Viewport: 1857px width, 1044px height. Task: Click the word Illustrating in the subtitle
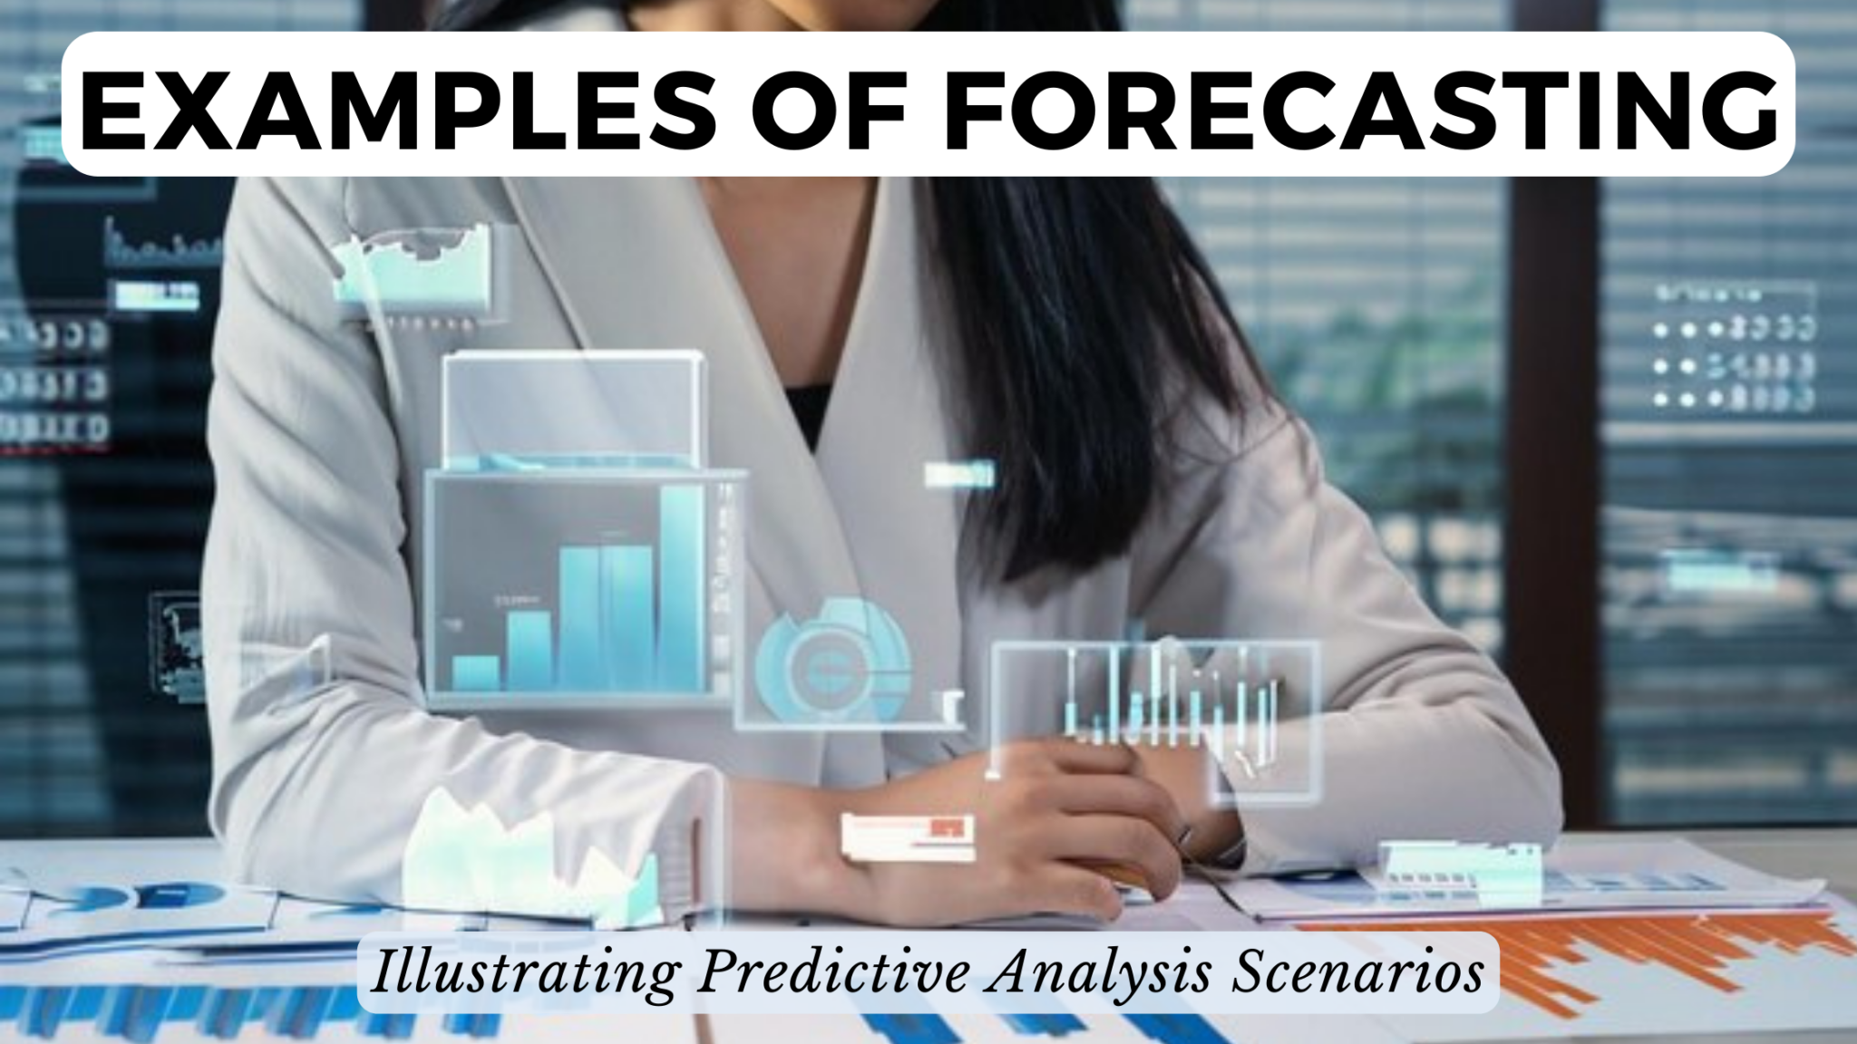(526, 972)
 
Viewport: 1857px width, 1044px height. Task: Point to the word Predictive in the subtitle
(834, 972)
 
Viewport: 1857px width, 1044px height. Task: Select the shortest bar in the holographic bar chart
(475, 672)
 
